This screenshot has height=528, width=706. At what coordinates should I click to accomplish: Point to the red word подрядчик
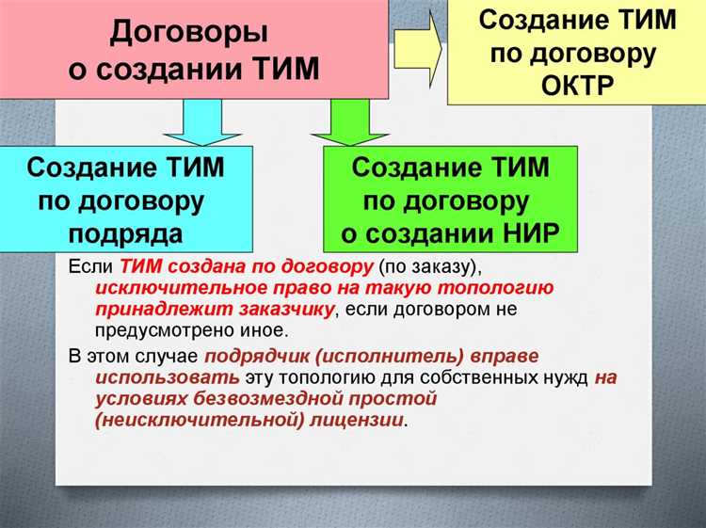tap(259, 357)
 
